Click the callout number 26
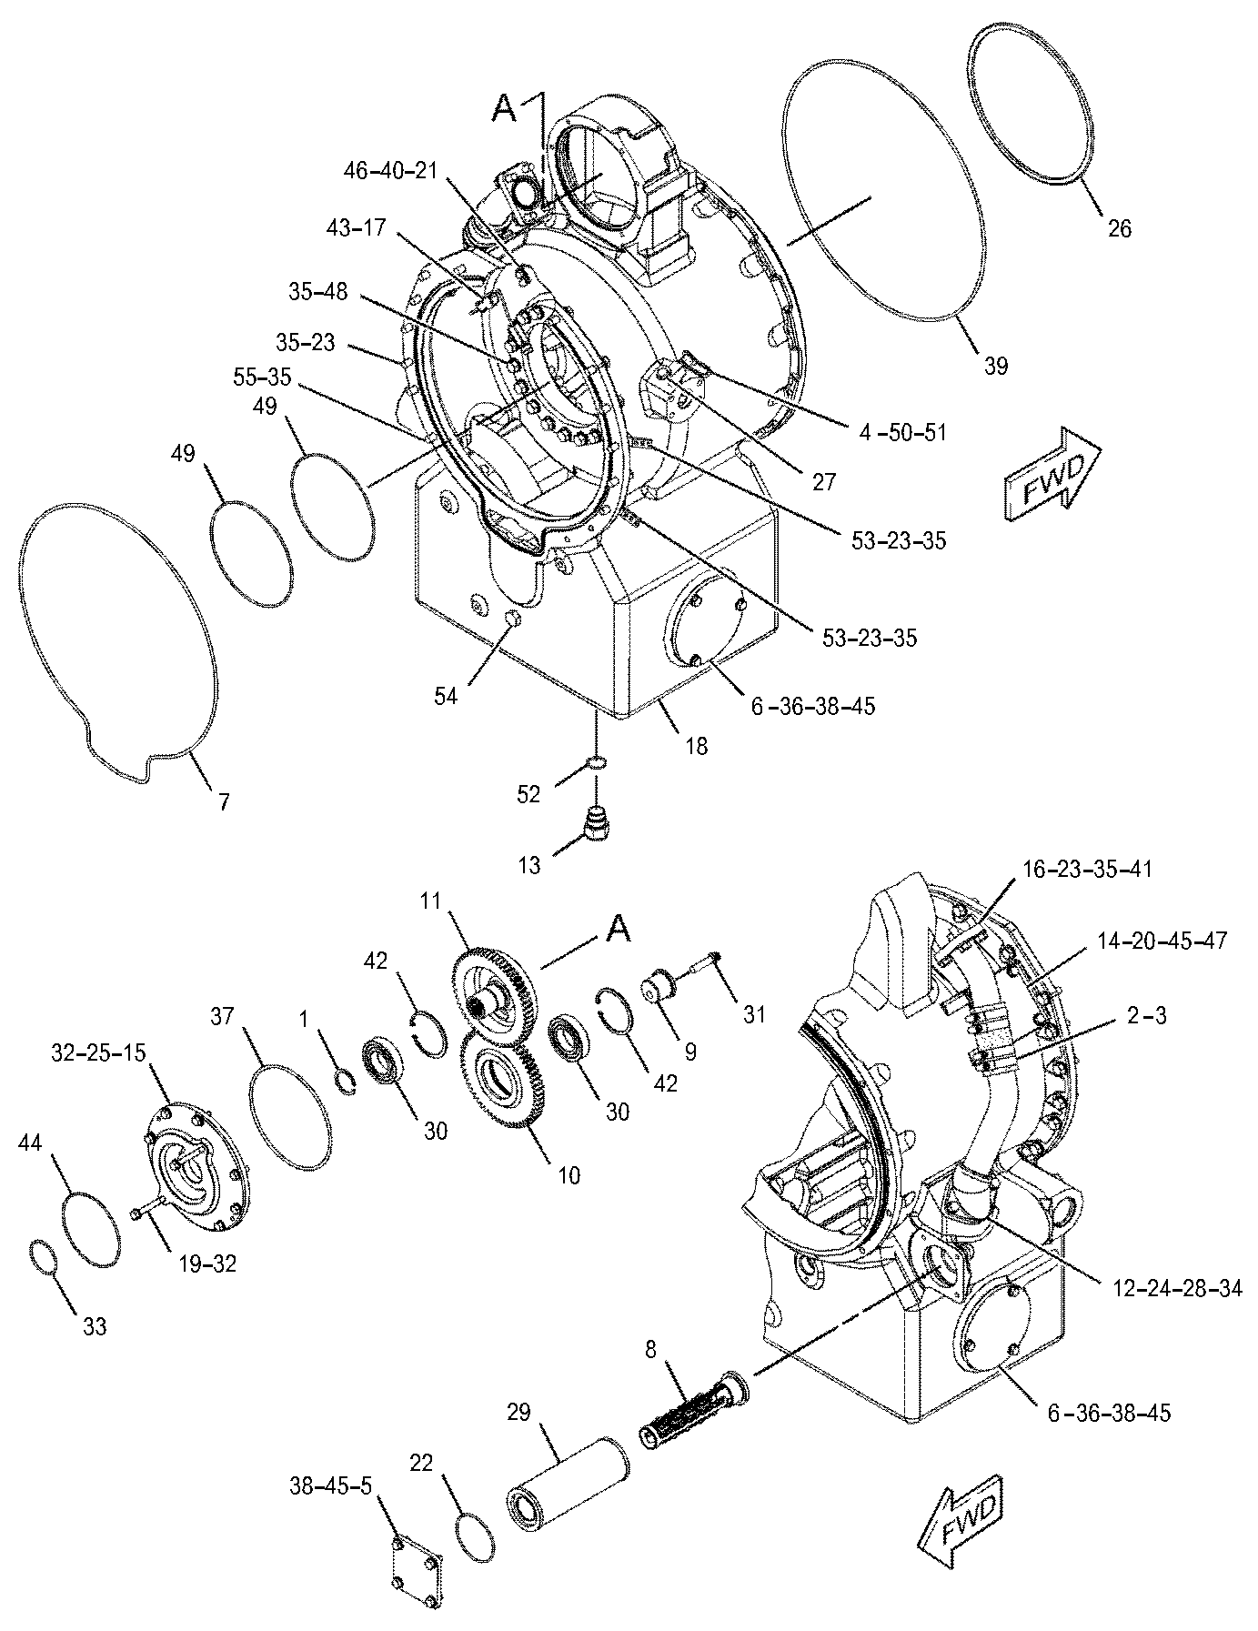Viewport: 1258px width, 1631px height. click(1120, 228)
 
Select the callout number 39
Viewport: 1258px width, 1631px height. click(997, 366)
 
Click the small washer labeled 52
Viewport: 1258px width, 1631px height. click(595, 760)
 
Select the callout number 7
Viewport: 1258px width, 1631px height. click(223, 801)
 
